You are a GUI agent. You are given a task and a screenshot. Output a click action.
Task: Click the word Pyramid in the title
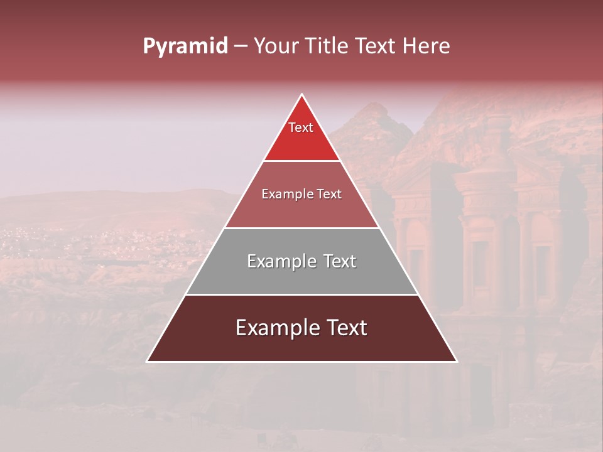click(x=185, y=46)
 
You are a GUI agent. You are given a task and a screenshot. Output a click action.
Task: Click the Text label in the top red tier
click(x=301, y=127)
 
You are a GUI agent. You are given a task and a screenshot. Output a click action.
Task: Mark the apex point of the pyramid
click(x=302, y=95)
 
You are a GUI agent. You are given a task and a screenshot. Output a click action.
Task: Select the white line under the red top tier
click(x=301, y=161)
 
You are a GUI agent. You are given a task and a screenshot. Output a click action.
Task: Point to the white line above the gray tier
click(x=301, y=228)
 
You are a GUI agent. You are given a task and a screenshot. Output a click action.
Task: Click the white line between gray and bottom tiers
click(x=301, y=294)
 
